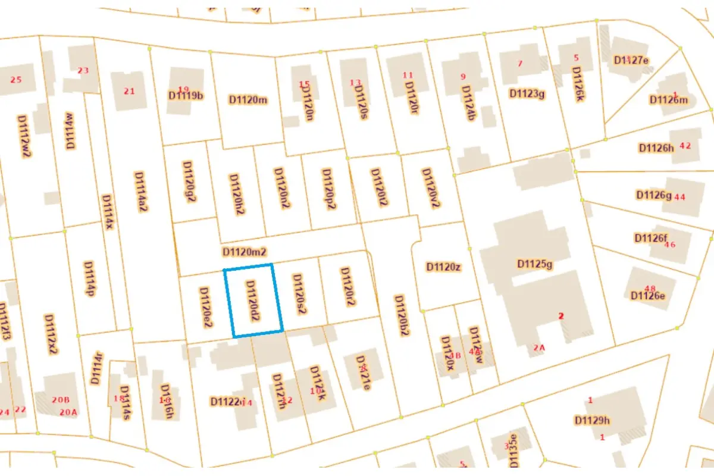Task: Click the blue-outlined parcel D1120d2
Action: tap(253, 300)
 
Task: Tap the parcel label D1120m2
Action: tap(244, 252)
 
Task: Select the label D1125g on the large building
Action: tap(535, 264)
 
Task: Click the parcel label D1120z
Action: tap(443, 267)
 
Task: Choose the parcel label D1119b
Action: tap(186, 95)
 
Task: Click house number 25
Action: tap(16, 80)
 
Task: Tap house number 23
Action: tap(83, 70)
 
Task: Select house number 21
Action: tap(129, 91)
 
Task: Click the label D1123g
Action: tap(527, 93)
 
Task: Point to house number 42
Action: tap(685, 146)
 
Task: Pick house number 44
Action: tap(680, 197)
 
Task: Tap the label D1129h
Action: tap(592, 420)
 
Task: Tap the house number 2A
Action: tap(539, 347)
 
